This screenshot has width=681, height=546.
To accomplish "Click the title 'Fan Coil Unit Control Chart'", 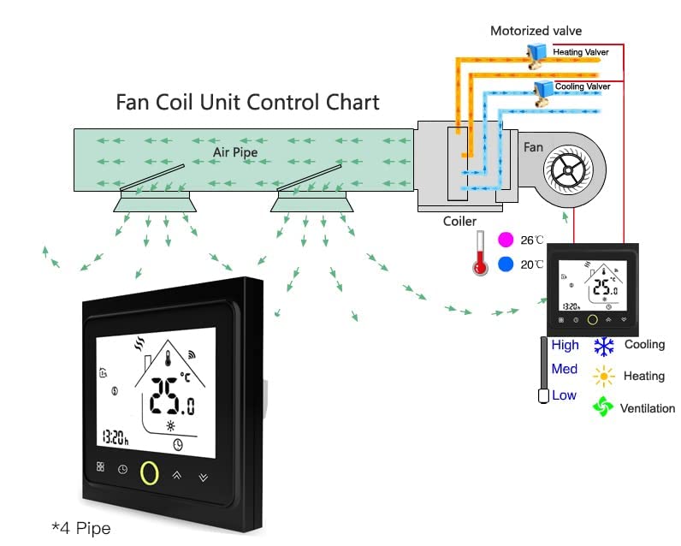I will coord(247,102).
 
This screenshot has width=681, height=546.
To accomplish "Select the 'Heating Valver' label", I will coord(580,52).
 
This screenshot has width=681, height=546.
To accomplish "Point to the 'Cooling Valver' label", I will coord(582,86).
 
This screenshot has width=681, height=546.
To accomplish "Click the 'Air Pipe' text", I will coord(234,152).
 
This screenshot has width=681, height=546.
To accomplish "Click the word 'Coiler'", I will coord(459,222).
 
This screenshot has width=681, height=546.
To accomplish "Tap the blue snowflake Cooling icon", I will coord(604,346).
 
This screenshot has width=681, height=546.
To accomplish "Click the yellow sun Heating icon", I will coord(604,376).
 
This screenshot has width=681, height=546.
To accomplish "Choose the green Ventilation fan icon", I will coord(604,407).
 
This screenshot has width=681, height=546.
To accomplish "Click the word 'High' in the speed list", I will coord(565,345).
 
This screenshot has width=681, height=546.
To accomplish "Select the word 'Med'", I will coord(564,370).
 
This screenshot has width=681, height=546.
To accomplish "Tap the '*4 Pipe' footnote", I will coord(81,528).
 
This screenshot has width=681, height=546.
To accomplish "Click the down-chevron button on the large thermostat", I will coord(204,475).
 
